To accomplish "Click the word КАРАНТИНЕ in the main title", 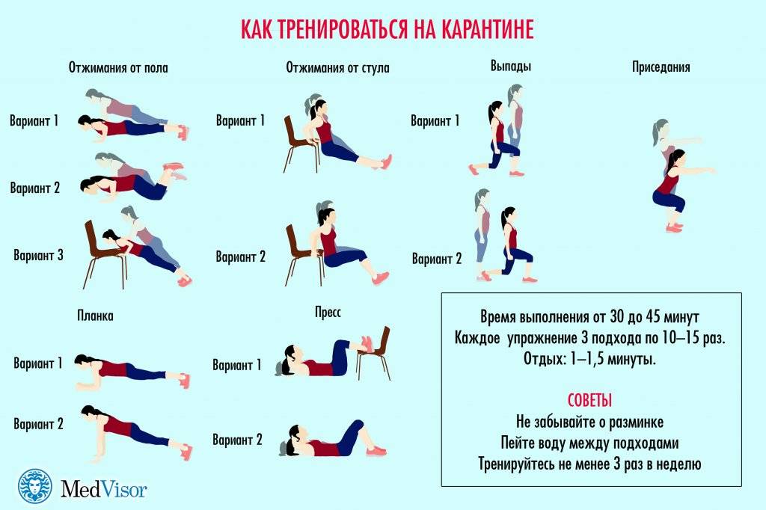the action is pos(488,29).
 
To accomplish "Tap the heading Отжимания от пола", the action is pos(118,67).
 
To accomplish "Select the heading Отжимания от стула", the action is pos(337,67).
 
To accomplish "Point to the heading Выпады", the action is pos(510,66).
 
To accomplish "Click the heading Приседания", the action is pos(661,67).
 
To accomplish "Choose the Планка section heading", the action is pos(95,316).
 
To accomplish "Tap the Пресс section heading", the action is pos(328,312).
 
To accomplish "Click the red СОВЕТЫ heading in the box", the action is pos(589,401).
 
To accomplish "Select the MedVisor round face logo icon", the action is pos(35,487).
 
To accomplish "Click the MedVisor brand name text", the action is pos(103,488).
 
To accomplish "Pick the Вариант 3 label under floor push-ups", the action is pos(39,255).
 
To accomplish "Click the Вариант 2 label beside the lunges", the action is pos(437,259).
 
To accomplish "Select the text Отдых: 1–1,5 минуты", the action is pos(589,359).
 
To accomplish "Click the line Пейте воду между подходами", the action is pos(589,443).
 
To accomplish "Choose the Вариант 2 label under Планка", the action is pos(39,423).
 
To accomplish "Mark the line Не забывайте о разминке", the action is pos(589,422).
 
